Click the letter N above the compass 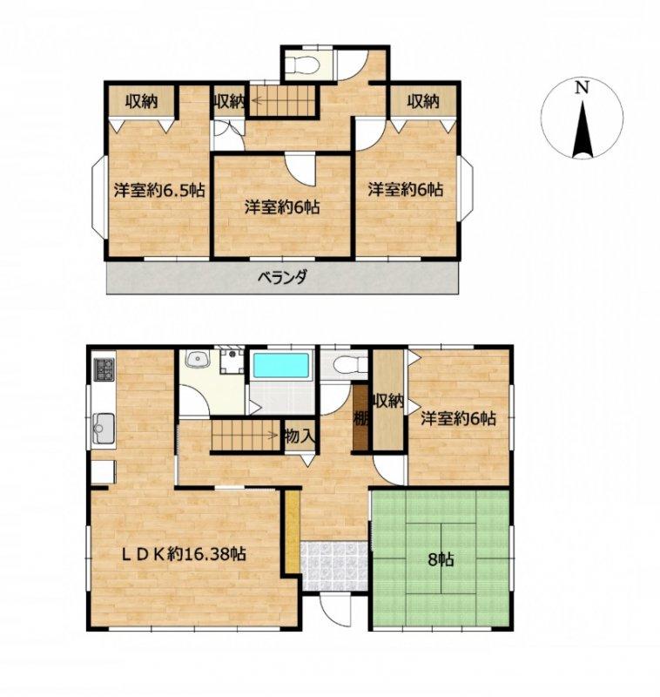[x=582, y=88]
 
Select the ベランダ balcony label [x=282, y=277]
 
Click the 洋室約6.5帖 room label [x=159, y=190]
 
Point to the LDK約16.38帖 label [x=184, y=554]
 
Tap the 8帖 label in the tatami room [x=441, y=559]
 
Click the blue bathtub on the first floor [x=280, y=367]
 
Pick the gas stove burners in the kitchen [x=104, y=369]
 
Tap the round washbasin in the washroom [x=197, y=359]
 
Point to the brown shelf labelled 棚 [x=360, y=418]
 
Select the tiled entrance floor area [x=334, y=565]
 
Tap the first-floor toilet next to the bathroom [x=350, y=366]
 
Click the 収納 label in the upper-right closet [x=423, y=101]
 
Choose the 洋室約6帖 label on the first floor [x=458, y=418]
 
